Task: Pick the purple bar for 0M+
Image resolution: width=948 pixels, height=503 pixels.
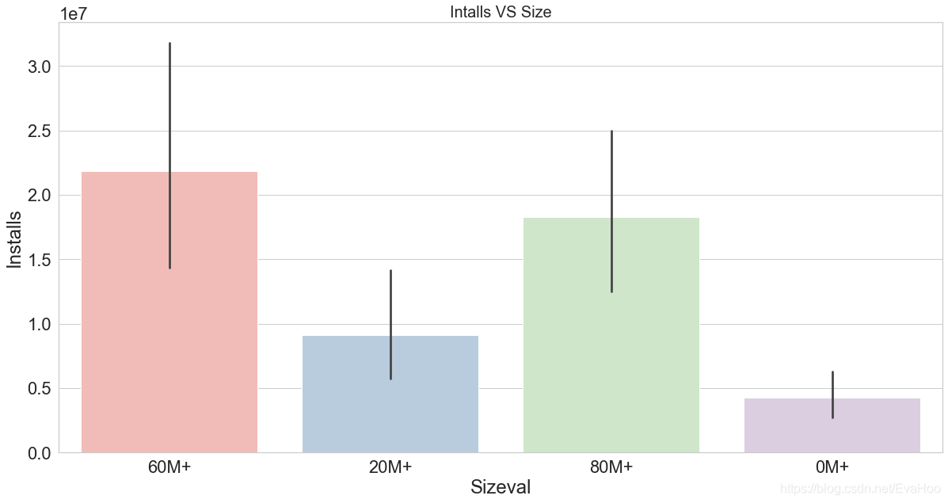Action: coord(792,428)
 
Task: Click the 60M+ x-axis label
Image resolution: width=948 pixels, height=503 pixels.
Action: coord(169,467)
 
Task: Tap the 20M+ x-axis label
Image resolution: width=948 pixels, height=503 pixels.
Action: coord(390,467)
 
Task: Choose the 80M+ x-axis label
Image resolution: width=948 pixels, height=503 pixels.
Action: coord(611,467)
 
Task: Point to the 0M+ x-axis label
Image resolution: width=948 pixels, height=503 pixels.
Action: coord(832,467)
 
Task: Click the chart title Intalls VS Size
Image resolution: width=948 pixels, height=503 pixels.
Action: coord(501,12)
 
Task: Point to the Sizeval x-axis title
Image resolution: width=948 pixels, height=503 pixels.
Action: coord(501,487)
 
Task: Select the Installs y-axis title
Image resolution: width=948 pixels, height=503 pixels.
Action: coord(15,238)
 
